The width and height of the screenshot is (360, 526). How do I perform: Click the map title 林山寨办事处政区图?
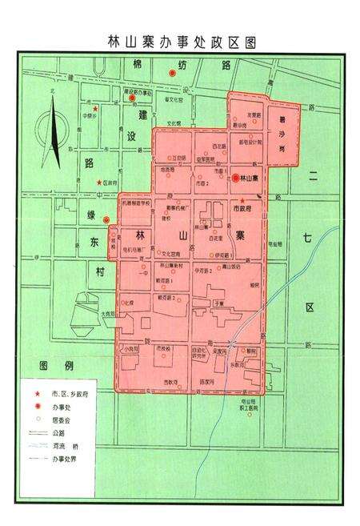180,41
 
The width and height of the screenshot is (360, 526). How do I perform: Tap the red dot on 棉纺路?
170,74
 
